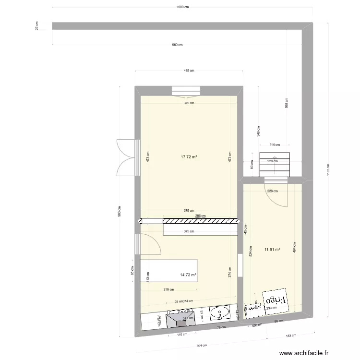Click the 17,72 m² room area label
[190, 156]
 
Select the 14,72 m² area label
[189, 275]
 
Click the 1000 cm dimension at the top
[182, 7]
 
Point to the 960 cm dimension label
[178, 45]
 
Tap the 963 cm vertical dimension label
[119, 211]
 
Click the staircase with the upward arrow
[275, 165]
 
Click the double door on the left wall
[126, 157]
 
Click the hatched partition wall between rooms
[189, 221]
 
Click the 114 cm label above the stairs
[274, 144]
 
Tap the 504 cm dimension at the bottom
[201, 345]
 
